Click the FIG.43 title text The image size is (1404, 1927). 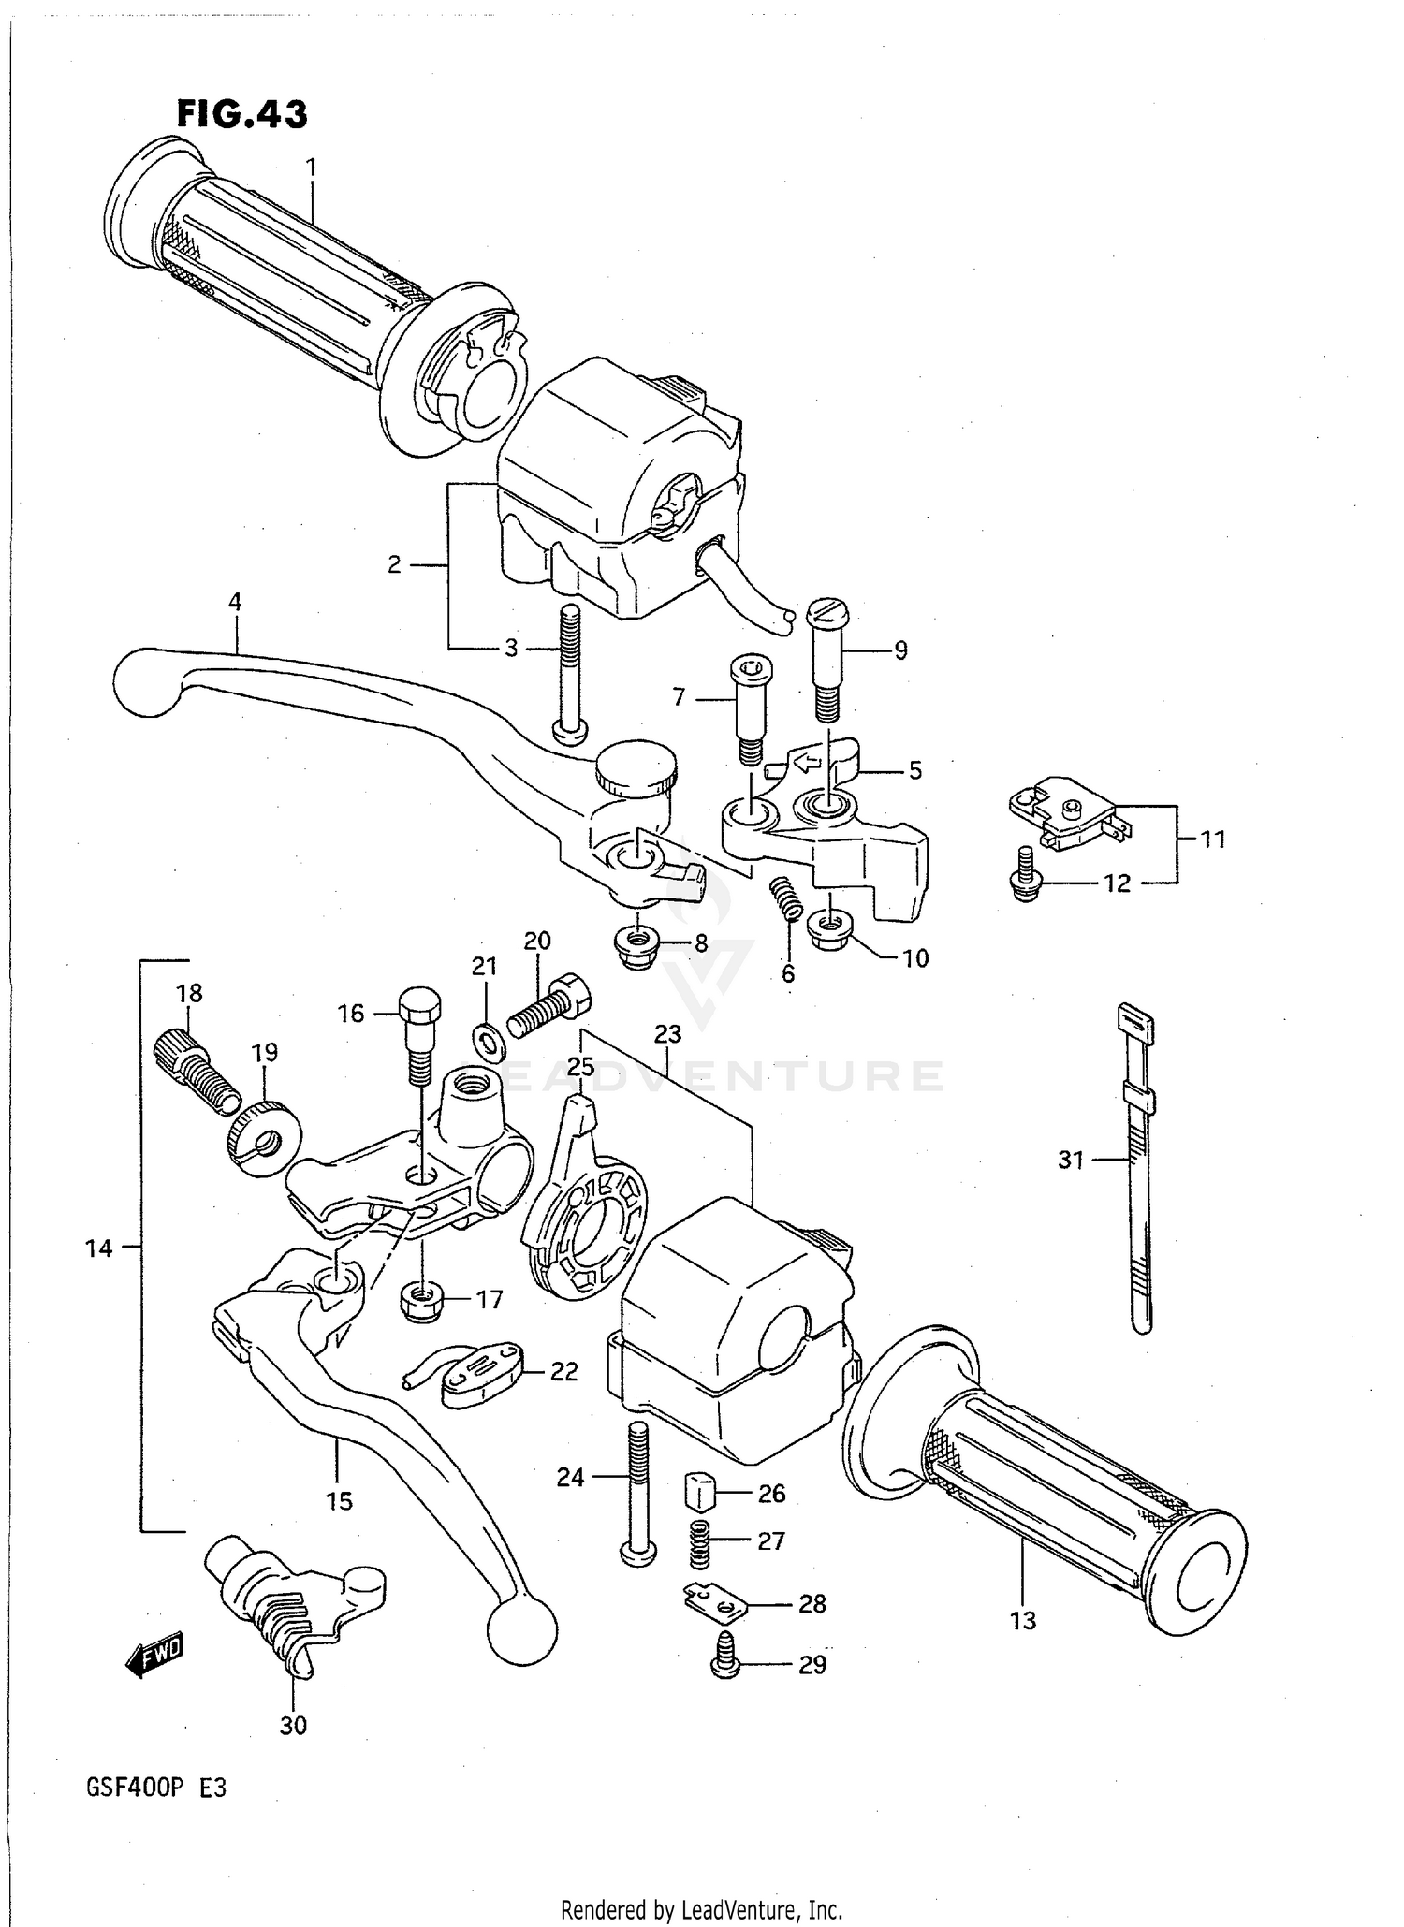click(241, 114)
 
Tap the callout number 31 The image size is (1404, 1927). click(1071, 1161)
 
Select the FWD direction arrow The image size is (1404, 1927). click(154, 1657)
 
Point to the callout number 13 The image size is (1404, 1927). click(1023, 1620)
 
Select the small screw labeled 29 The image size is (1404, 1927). click(724, 1665)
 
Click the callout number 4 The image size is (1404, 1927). click(234, 603)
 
